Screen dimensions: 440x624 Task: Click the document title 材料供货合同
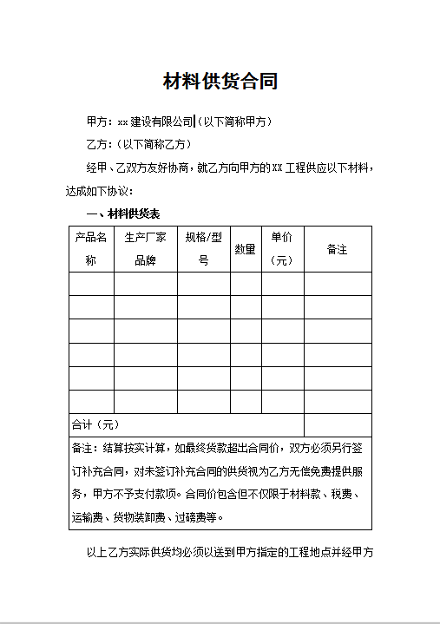tap(220, 82)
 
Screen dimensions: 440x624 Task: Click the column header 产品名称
tap(91, 248)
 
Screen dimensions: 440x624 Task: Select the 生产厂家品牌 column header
tap(145, 248)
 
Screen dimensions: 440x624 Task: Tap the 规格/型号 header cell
tap(204, 248)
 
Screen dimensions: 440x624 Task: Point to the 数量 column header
tap(246, 249)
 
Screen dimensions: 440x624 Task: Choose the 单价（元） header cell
tap(282, 248)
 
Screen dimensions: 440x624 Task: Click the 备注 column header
tap(337, 249)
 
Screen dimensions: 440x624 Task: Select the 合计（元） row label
tap(95, 425)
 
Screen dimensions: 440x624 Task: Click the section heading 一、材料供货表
tap(122, 213)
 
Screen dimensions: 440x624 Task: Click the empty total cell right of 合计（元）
tap(337, 425)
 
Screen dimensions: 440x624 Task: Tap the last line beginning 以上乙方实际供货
tap(229, 551)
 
